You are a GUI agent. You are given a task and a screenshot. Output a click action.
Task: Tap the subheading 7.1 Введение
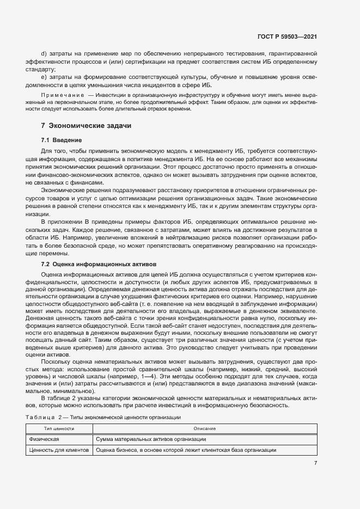(62, 140)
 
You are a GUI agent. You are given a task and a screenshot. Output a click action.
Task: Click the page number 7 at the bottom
(315, 463)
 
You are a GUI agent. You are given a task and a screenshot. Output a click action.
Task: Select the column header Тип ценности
(60, 429)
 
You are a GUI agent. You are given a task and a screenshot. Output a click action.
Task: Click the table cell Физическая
(44, 439)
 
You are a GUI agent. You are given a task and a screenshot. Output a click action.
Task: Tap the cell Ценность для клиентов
(59, 450)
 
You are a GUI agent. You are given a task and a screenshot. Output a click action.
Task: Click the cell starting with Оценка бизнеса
(185, 450)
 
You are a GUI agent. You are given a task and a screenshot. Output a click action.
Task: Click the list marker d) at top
(44, 54)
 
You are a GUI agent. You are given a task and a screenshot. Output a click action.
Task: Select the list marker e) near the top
(44, 77)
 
